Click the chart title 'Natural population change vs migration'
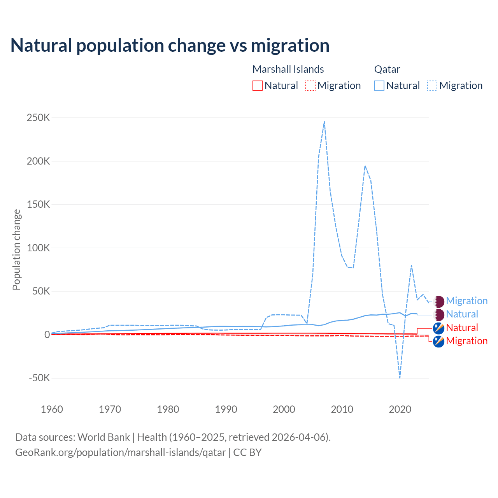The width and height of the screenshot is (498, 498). pyautogui.click(x=170, y=46)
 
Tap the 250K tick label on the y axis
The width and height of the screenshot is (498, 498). pyautogui.click(x=38, y=117)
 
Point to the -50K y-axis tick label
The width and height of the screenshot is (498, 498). pyautogui.click(x=39, y=378)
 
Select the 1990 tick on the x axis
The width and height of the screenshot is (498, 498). pyautogui.click(x=226, y=409)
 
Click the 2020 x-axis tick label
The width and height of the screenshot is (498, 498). pyautogui.click(x=400, y=409)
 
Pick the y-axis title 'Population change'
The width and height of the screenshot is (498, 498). pyautogui.click(x=16, y=249)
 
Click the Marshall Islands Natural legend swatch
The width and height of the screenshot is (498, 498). pyautogui.click(x=258, y=86)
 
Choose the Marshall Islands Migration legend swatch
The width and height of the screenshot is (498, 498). pyautogui.click(x=310, y=86)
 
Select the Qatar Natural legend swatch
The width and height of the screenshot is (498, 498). pyautogui.click(x=379, y=86)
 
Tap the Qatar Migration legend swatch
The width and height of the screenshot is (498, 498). pyautogui.click(x=432, y=86)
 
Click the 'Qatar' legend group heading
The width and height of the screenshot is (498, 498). pyautogui.click(x=387, y=69)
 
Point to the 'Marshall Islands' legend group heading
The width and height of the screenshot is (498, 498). pyautogui.click(x=288, y=69)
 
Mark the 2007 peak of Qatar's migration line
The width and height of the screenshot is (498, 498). pyautogui.click(x=324, y=121)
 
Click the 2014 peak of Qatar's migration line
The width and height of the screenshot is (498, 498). pyautogui.click(x=365, y=166)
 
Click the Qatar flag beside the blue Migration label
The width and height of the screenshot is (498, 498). pyautogui.click(x=439, y=301)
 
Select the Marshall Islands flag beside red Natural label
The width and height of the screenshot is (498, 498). pyautogui.click(x=439, y=328)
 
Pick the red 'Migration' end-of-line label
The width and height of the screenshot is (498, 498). pyautogui.click(x=466, y=341)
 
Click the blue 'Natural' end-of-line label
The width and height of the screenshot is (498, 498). pyautogui.click(x=462, y=314)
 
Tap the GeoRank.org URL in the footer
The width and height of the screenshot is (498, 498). pyautogui.click(x=121, y=452)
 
